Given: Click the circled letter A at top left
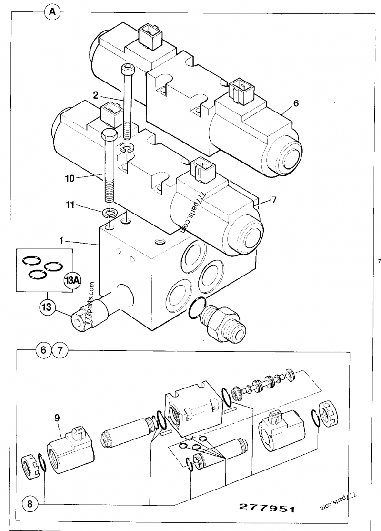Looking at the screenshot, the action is pyautogui.click(x=52, y=12).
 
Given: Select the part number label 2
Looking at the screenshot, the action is pyautogui.click(x=96, y=95).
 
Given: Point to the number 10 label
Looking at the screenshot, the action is pyautogui.click(x=70, y=178).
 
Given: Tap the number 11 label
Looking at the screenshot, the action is pyautogui.click(x=70, y=205).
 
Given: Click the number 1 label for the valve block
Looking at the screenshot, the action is pyautogui.click(x=61, y=241).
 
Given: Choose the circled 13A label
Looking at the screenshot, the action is pyautogui.click(x=72, y=280).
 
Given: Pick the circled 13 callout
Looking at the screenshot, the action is pyautogui.click(x=47, y=307).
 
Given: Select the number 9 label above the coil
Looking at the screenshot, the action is pyautogui.click(x=57, y=419).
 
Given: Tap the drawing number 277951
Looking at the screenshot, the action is pyautogui.click(x=267, y=508).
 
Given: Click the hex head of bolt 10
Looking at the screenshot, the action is pyautogui.click(x=109, y=136).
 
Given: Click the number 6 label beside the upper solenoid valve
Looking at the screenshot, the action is pyautogui.click(x=296, y=103).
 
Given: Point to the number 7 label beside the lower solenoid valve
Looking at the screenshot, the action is pyautogui.click(x=274, y=200).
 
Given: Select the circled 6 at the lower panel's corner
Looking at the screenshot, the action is pyautogui.click(x=44, y=350).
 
